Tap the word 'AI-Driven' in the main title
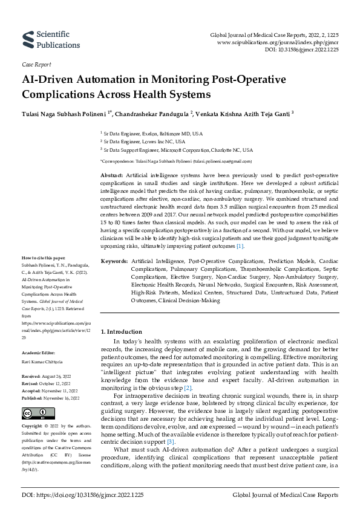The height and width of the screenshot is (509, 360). click(x=51, y=80)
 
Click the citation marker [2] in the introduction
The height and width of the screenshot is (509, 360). click(x=188, y=387)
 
